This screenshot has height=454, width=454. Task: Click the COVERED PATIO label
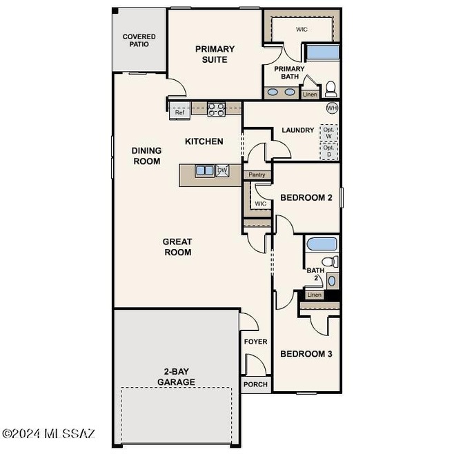139,40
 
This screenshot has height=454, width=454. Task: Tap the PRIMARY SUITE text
215,54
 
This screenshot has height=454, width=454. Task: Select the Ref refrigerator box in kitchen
179,111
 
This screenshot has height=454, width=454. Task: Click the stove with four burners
216,109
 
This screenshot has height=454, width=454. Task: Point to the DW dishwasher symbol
222,170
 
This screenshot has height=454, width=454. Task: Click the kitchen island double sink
204,170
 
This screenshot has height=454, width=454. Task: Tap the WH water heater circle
332,108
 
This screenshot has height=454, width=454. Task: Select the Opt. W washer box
328,132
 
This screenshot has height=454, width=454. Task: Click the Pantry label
257,175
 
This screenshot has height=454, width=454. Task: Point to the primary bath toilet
330,88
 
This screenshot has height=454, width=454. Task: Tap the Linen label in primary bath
310,95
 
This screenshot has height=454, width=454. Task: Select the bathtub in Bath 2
321,244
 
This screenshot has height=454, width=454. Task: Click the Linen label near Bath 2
315,295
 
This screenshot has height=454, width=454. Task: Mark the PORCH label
255,384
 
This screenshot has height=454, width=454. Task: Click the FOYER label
255,342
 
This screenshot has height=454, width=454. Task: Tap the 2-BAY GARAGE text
176,377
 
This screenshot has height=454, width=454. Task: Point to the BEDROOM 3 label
306,354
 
